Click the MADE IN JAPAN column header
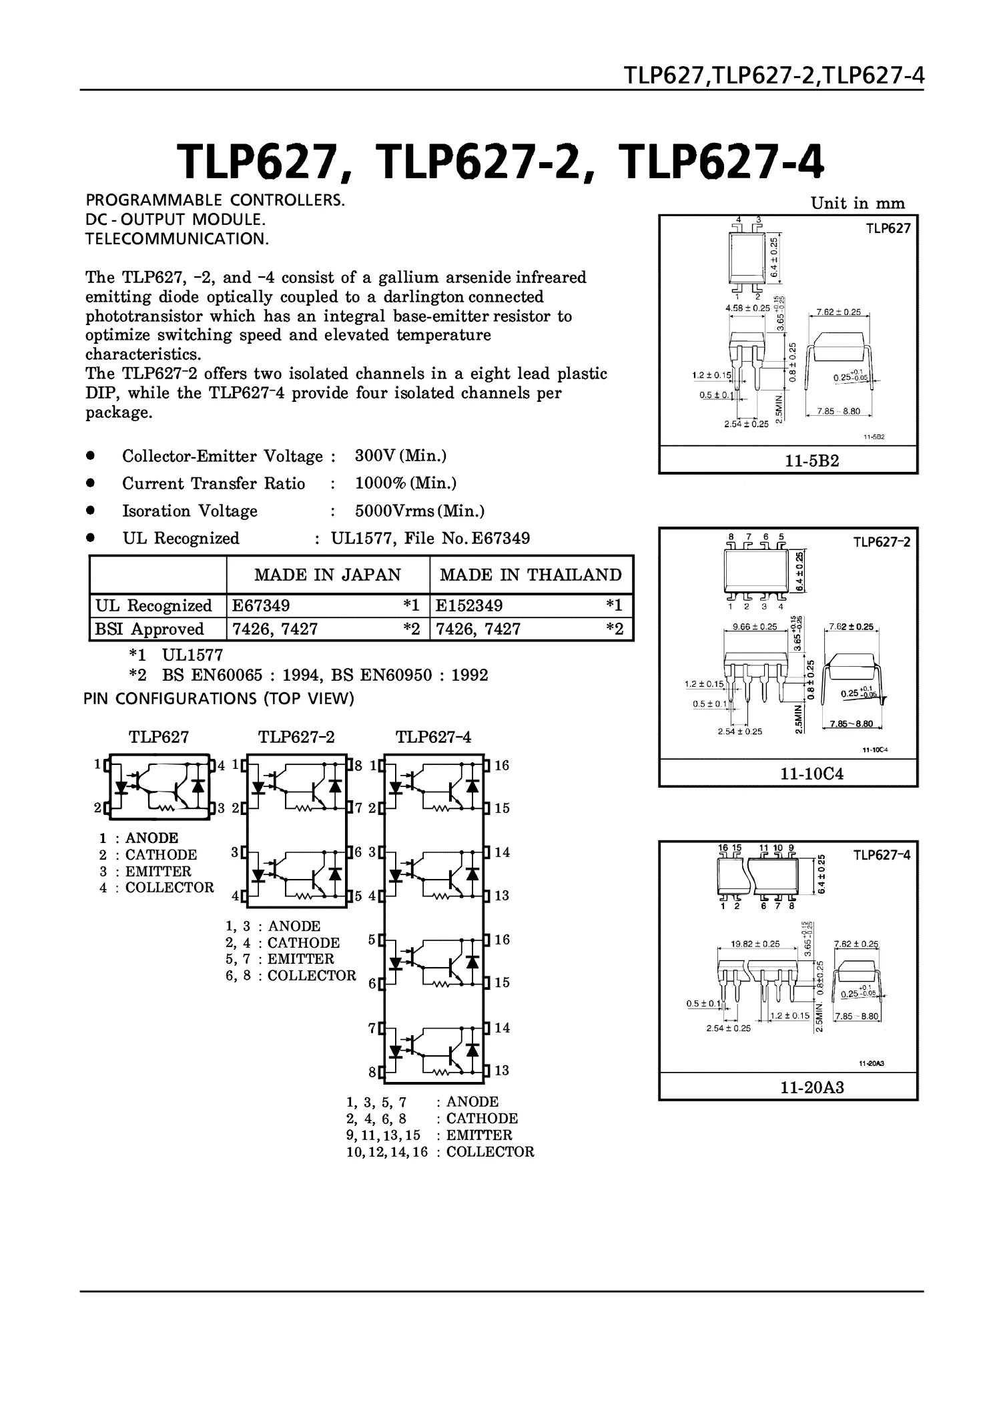(328, 575)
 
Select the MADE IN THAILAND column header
(531, 575)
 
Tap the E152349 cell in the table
(469, 605)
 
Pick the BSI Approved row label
(149, 629)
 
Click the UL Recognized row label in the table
(153, 605)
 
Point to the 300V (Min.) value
(400, 456)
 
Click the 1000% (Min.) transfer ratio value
(406, 483)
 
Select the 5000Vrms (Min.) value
(420, 511)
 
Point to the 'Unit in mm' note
(858, 204)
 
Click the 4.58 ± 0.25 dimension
(747, 308)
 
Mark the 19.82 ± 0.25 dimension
(755, 943)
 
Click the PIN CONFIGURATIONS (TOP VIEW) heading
(219, 699)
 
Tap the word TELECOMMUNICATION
(177, 239)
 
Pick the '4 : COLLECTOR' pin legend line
(157, 888)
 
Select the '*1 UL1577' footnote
(176, 655)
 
